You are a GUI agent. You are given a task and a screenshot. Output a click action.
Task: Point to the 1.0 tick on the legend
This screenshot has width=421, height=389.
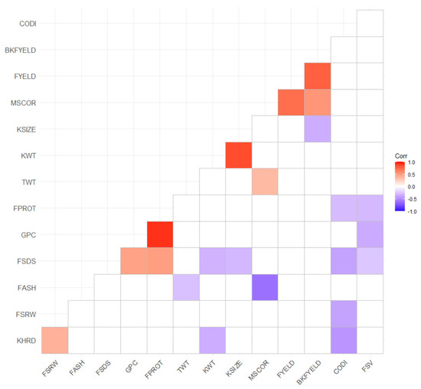[410, 163]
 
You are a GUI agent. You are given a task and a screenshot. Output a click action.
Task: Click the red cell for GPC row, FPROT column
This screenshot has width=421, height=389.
[160, 234]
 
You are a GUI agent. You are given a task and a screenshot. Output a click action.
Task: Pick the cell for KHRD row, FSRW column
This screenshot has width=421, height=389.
[55, 339]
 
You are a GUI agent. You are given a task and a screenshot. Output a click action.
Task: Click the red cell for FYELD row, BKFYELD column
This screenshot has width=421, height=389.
[318, 76]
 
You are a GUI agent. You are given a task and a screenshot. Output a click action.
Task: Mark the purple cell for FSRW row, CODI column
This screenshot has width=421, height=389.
[344, 313]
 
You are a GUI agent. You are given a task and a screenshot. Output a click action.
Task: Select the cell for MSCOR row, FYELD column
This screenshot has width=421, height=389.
[291, 102]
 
